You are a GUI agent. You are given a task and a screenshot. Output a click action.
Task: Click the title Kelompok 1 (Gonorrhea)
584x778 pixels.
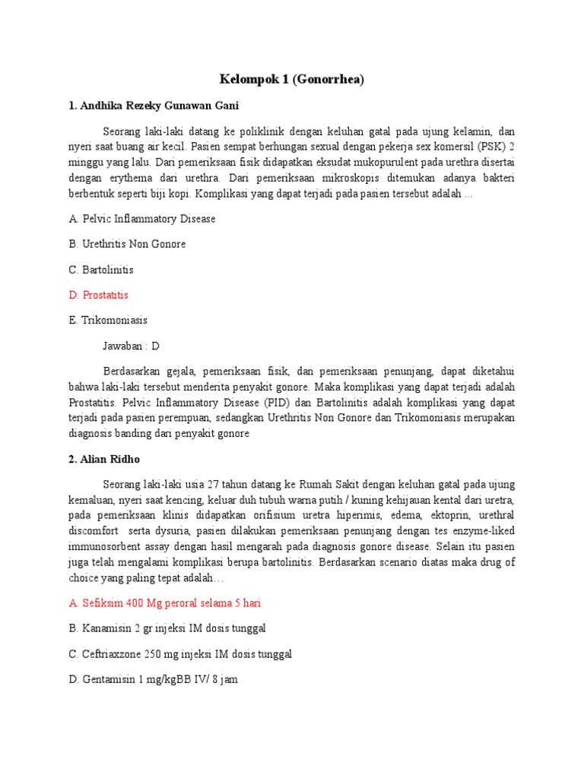pyautogui.click(x=292, y=79)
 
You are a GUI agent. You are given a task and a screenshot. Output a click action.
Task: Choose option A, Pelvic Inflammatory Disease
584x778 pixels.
pyautogui.click(x=142, y=219)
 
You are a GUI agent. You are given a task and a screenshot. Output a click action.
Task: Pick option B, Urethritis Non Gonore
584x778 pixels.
pyautogui.click(x=127, y=244)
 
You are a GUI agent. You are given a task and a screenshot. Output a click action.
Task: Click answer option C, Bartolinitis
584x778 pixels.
pyautogui.click(x=101, y=270)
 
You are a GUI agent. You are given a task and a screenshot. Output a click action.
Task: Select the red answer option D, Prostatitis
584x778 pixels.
pyautogui.click(x=98, y=295)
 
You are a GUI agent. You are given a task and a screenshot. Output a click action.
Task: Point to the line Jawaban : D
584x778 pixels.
pyautogui.click(x=131, y=346)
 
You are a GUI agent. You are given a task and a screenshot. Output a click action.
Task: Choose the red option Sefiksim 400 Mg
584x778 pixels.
pyautogui.click(x=165, y=603)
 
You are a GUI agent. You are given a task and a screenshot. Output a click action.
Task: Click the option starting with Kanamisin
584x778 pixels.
pyautogui.click(x=167, y=628)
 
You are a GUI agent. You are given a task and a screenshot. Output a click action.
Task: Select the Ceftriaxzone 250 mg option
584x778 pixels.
pyautogui.click(x=180, y=654)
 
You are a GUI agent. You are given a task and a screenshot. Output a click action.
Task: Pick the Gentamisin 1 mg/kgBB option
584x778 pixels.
pyautogui.click(x=153, y=679)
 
